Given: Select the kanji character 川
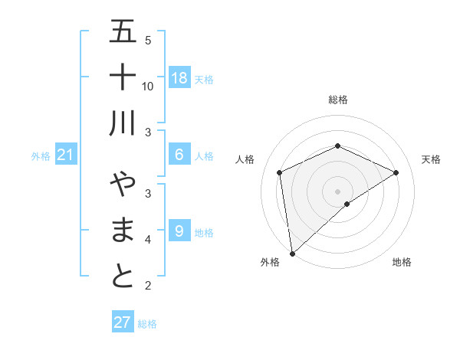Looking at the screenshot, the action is pos(123,123).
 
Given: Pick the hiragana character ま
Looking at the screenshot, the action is pos(123,231).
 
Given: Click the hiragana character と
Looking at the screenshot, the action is pos(123,277).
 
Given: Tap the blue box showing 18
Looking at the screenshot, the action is pos(179,78).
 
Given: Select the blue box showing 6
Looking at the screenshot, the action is pos(179,155).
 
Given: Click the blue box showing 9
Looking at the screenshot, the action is pos(179,231).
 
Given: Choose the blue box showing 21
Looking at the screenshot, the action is pos(66,155).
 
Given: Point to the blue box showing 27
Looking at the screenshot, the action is pos(123,322).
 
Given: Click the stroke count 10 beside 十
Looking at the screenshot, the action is pos(148,87).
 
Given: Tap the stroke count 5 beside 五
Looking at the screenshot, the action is pos(148,41).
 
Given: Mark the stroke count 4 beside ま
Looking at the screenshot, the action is pos(148,240).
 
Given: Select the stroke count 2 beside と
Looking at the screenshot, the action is pos(148,286).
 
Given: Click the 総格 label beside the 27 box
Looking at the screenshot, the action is pos(147,324).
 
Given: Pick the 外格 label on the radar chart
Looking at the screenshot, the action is pos(270,263).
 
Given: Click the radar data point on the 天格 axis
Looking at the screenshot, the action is pos(396,172).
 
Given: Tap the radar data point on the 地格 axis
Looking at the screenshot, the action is pos(347,204).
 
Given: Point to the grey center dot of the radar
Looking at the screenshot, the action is pos(338,191).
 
